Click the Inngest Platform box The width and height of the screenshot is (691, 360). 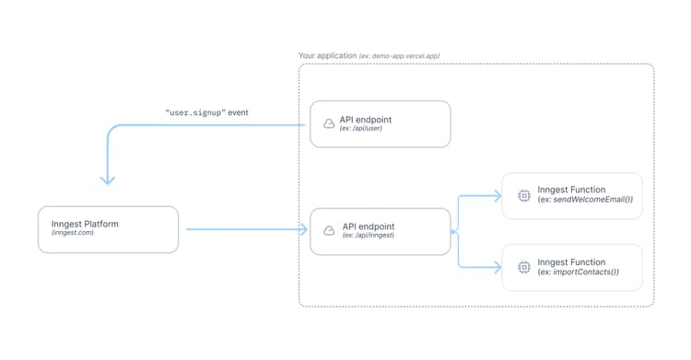(108, 229)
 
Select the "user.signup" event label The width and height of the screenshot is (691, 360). (206, 112)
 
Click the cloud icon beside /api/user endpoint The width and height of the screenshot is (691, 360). (329, 123)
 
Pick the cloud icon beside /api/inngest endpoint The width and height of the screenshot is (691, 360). (329, 230)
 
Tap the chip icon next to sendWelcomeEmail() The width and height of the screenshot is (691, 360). (524, 195)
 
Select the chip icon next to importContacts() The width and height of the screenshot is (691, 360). (524, 267)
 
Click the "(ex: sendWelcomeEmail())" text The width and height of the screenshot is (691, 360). (585, 201)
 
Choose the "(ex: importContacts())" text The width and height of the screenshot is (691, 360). (578, 273)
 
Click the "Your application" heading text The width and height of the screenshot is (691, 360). (327, 56)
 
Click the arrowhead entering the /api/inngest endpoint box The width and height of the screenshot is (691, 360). (302, 230)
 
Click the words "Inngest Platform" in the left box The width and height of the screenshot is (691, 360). (85, 224)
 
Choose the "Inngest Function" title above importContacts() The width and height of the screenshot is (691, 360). (579, 261)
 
